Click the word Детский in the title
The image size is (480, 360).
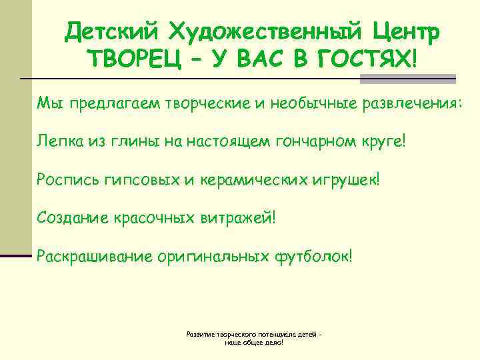(x=109, y=30)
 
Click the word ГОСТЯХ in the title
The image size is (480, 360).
(x=364, y=61)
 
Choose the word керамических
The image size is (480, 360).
(x=253, y=179)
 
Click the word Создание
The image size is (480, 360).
(x=71, y=217)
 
